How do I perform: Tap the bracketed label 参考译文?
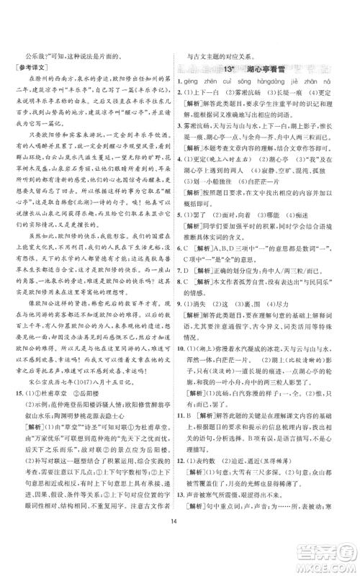pyautogui.click(x=32, y=68)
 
